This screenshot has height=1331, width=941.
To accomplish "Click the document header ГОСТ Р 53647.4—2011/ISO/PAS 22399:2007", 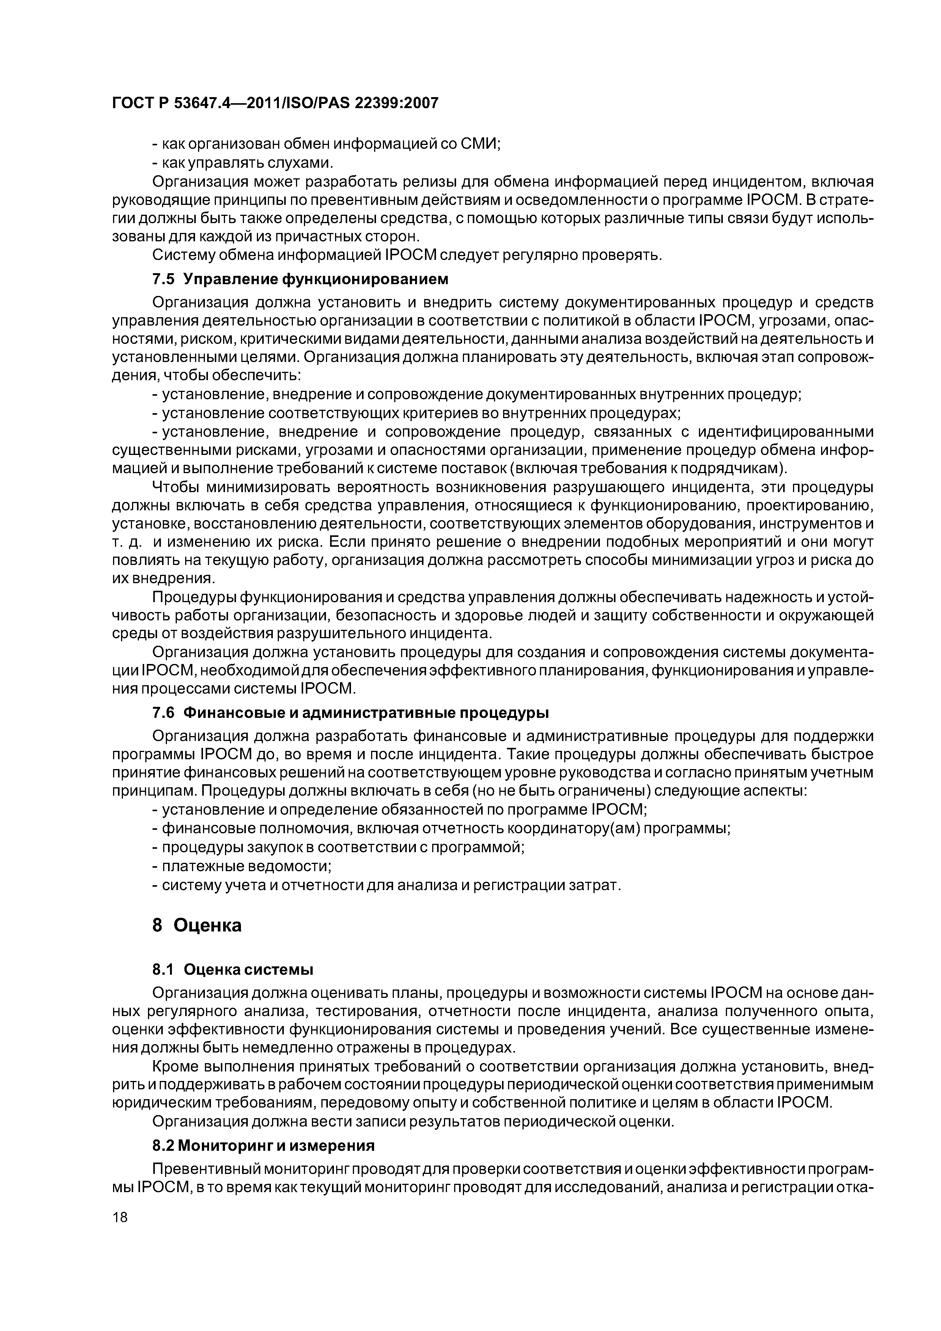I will (x=275, y=103).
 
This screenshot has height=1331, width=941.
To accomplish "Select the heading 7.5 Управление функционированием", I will (x=301, y=279).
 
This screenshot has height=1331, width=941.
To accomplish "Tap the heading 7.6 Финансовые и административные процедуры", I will (x=350, y=712).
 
